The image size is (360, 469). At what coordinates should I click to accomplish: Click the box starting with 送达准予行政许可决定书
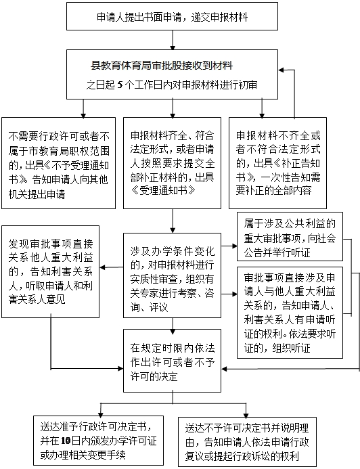pos(93,440)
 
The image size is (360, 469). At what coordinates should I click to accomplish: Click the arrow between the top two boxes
pos(174,42)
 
